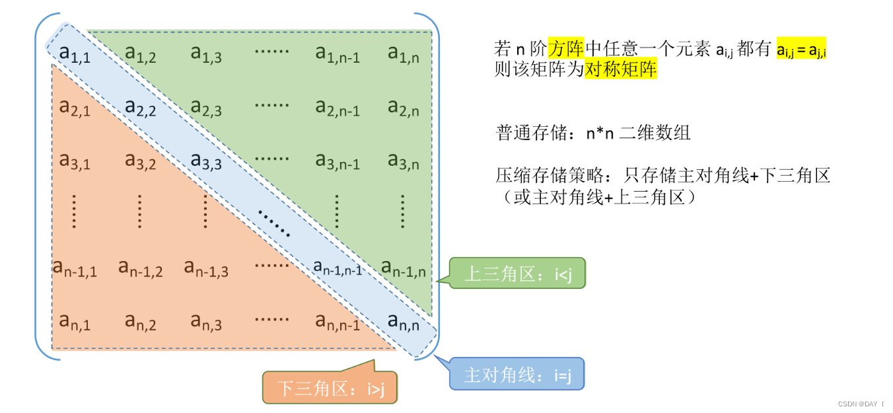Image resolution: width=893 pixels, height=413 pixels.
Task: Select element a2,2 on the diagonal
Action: tap(140, 106)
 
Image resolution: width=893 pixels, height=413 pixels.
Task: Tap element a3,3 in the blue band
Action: tap(206, 161)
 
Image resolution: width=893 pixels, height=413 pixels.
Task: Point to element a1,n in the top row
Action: tap(403, 54)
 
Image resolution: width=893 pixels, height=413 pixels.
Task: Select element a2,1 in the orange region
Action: tap(74, 106)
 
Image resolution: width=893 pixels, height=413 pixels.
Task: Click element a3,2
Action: tap(140, 161)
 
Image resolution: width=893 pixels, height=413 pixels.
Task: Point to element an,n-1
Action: tap(338, 322)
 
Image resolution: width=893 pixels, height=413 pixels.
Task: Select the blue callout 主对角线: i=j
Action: tap(517, 375)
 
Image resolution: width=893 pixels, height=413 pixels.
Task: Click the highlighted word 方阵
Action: tap(565, 48)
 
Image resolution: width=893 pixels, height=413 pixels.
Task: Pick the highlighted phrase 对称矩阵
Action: tap(621, 69)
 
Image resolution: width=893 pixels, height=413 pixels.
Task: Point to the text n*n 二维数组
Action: tap(638, 132)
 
